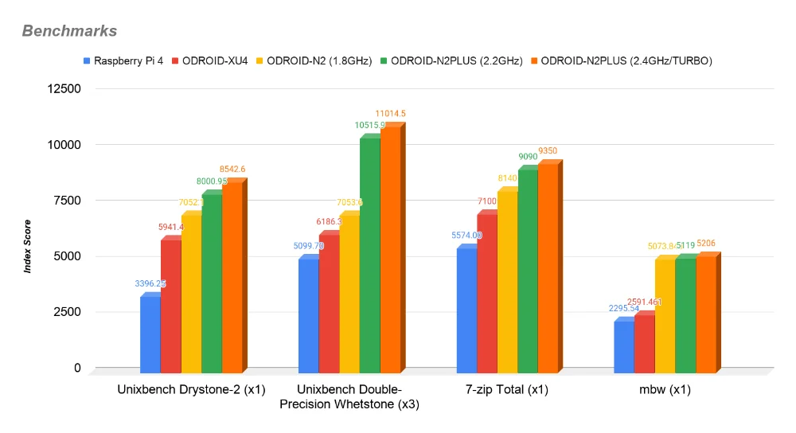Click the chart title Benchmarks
[x=69, y=31]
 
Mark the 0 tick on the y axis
[x=77, y=368]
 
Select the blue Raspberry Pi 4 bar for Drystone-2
[x=150, y=333]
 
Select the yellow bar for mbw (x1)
[x=665, y=315]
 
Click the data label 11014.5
[x=391, y=114]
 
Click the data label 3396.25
[x=150, y=283]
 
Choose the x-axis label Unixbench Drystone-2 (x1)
[x=191, y=390]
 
